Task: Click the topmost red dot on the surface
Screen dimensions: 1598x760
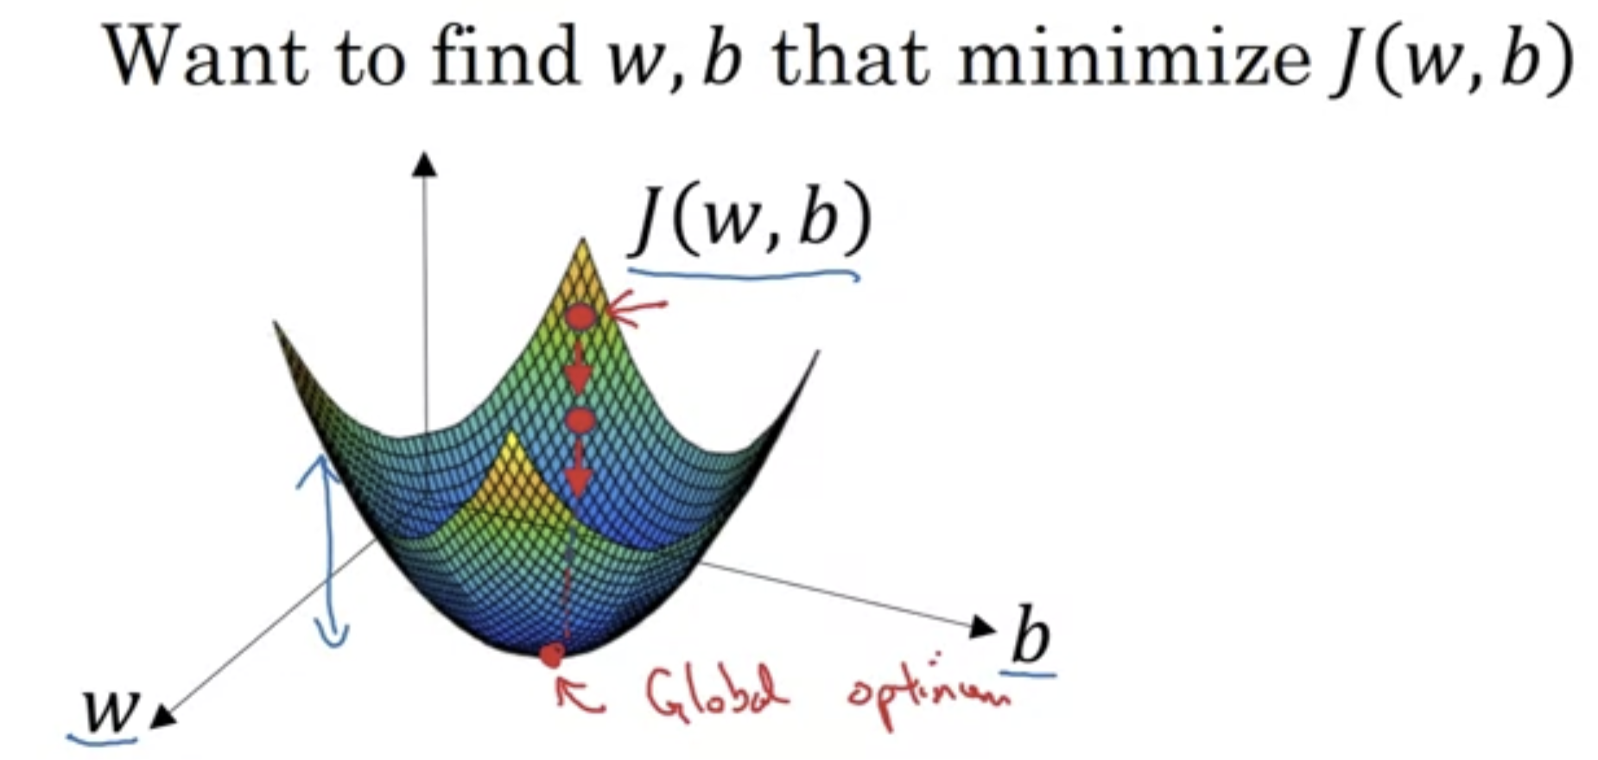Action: (581, 318)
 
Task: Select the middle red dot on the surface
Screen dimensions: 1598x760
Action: (580, 421)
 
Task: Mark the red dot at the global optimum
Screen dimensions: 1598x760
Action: (551, 656)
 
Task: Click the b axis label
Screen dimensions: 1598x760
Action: (1030, 637)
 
